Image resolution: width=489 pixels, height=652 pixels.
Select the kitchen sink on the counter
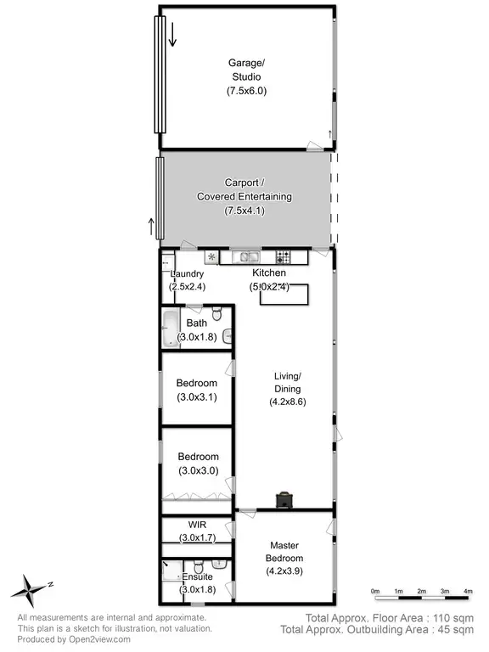(x=249, y=256)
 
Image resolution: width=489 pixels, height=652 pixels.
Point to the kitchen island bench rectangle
(x=284, y=295)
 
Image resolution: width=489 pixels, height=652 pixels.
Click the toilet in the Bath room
(x=218, y=316)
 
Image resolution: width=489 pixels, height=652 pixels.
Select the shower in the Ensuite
(x=171, y=567)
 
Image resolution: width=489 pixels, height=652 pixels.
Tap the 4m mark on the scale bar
(x=468, y=591)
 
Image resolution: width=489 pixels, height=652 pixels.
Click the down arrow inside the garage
(x=172, y=35)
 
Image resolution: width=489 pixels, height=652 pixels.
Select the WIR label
(x=196, y=525)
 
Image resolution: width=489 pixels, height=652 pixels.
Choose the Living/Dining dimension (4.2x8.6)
(x=286, y=402)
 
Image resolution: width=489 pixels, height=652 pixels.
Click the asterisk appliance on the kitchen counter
(x=211, y=256)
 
